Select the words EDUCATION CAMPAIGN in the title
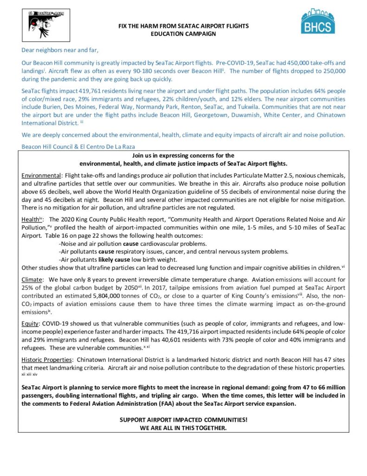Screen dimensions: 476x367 pyautogui.click(x=183, y=33)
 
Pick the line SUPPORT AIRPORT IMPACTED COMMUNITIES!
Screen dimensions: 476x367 pyautogui.click(x=183, y=419)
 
